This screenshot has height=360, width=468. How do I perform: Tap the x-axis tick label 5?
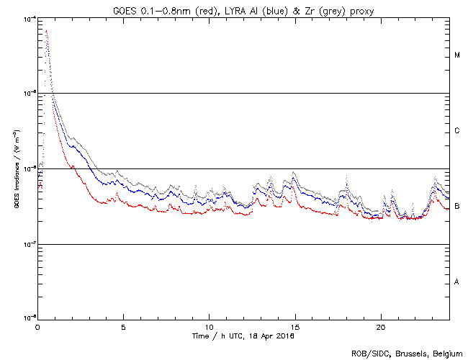123,326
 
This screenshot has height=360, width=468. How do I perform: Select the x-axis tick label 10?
209,326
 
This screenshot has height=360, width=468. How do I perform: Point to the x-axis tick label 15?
294,326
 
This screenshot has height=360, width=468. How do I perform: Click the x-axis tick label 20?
380,326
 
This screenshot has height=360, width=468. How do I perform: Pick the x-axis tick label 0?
37,326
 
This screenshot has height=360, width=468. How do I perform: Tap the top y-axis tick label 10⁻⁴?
30,18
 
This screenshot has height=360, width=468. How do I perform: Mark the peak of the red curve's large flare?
46,31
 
